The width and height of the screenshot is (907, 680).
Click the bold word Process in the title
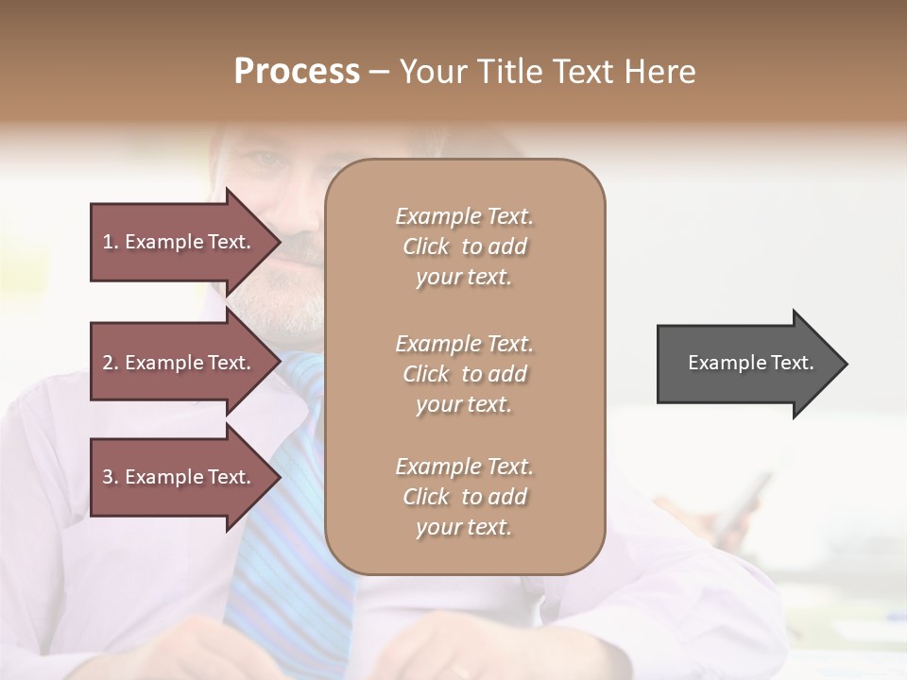tap(297, 72)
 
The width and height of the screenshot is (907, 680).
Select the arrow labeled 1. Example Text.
tap(180, 242)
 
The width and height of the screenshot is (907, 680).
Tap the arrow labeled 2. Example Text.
tap(180, 363)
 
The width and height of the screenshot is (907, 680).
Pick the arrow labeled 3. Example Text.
tap(180, 477)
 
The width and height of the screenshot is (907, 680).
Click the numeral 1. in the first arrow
tap(111, 242)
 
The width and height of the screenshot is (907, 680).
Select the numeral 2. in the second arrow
tap(111, 363)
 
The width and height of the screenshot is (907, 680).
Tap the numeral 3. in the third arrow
tap(111, 477)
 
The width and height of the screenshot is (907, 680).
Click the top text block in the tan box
tap(464, 246)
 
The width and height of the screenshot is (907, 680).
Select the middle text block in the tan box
tap(464, 374)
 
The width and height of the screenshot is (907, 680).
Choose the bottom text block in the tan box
tap(464, 497)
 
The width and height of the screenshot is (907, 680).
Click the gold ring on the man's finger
tap(460, 671)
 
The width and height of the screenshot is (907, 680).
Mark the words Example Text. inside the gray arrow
tap(750, 363)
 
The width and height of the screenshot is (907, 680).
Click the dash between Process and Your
tap(380, 73)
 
